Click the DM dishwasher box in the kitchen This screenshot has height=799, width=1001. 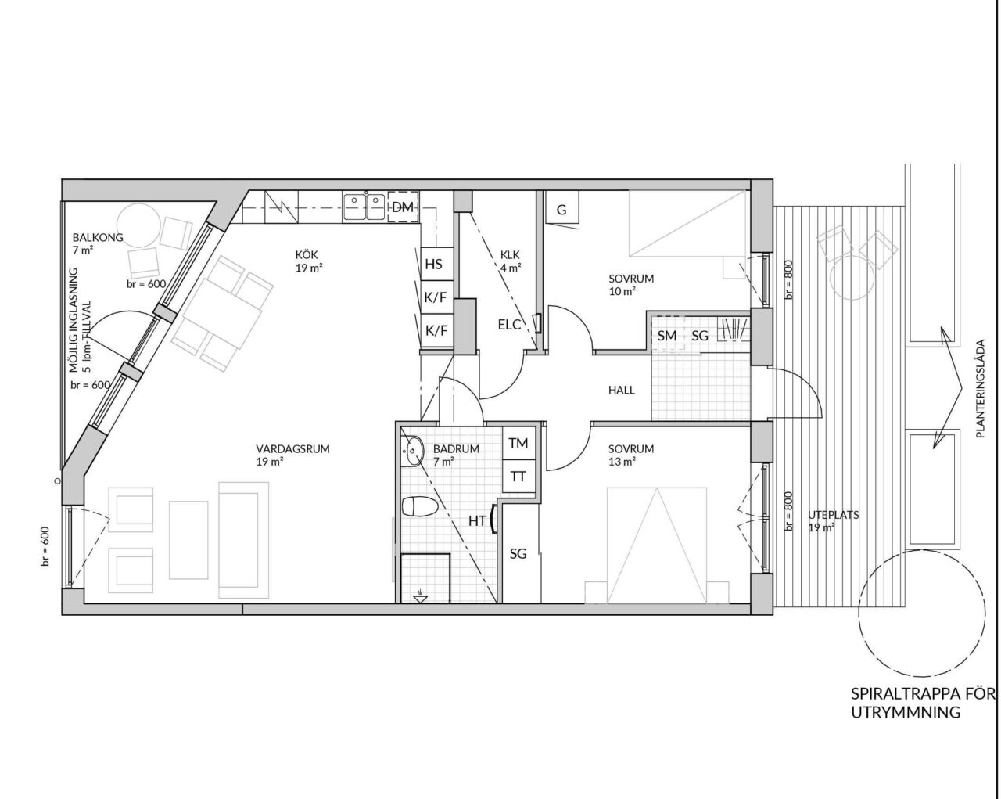404,207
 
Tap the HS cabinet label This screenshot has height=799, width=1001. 433,264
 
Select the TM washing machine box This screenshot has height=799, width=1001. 518,442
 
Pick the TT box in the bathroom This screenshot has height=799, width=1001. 518,477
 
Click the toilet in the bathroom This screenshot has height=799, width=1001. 420,507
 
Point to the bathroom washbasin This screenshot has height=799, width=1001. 413,450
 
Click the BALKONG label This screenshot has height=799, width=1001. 98,237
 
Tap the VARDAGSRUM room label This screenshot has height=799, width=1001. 292,449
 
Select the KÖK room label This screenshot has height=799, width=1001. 306,254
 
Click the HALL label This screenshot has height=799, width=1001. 622,391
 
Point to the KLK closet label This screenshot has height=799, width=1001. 510,254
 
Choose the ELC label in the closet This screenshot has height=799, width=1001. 509,325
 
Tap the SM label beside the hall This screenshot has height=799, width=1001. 667,335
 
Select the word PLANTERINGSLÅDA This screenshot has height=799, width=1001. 981,388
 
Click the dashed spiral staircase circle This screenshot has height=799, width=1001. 920,613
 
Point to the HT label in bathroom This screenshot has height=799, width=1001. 477,521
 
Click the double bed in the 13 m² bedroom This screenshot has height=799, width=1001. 657,545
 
